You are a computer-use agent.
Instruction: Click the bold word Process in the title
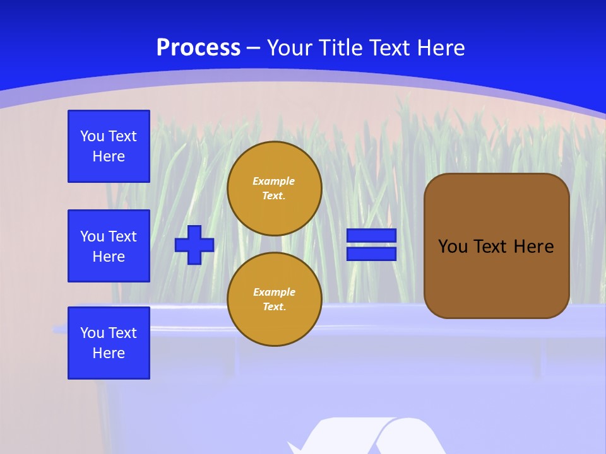pos(198,48)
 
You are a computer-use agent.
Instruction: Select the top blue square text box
pos(109,146)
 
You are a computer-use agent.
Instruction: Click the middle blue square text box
pos(109,246)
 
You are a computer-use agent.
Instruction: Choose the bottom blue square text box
pos(109,343)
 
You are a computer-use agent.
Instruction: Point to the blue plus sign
pos(194,245)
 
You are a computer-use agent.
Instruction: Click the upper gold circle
pos(274,188)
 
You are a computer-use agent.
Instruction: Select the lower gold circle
pos(274,299)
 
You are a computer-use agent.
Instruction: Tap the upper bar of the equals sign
pos(372,235)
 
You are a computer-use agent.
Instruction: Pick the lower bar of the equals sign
pos(372,253)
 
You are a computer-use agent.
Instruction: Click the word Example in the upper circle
pos(274,181)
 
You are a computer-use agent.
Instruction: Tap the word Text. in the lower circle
pos(274,307)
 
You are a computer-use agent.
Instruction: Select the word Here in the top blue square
pos(109,156)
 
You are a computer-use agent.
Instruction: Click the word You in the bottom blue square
pos(92,333)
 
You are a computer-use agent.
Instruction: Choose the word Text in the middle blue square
pos(122,236)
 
